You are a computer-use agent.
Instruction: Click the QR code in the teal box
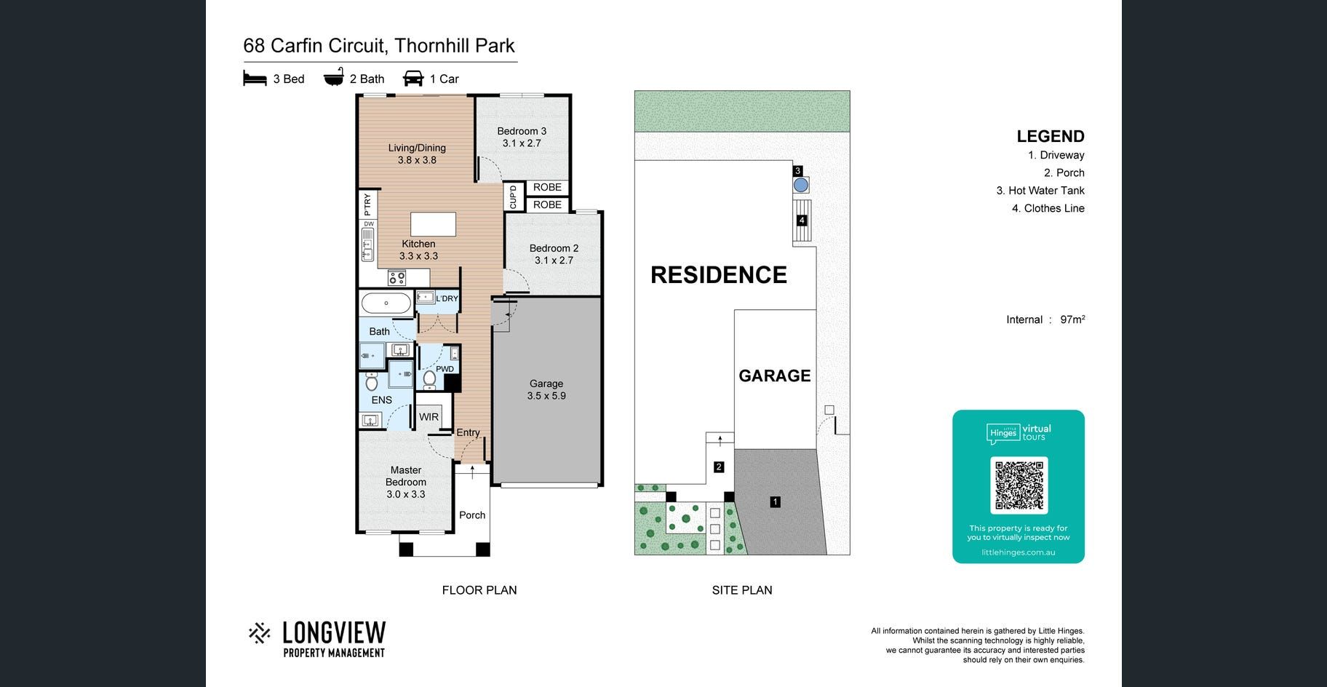(x=1019, y=485)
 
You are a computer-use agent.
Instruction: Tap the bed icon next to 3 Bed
(x=255, y=79)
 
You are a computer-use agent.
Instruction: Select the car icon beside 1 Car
(x=413, y=79)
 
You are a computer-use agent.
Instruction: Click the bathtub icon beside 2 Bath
(x=334, y=78)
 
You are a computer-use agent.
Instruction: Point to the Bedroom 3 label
(x=522, y=131)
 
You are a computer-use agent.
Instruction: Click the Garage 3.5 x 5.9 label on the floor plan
(x=546, y=389)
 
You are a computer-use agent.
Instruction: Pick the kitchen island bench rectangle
(x=434, y=224)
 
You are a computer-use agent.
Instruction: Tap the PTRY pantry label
(x=367, y=203)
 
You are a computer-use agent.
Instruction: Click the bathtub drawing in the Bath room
(x=386, y=303)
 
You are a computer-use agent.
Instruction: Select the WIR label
(x=429, y=417)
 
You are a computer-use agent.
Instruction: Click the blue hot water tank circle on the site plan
(x=801, y=185)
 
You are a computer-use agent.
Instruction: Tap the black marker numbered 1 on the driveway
(x=776, y=501)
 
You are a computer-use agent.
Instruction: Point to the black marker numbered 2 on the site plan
(x=719, y=467)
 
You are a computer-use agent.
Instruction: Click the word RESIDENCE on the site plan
(x=719, y=275)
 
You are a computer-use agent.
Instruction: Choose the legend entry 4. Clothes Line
(x=1048, y=208)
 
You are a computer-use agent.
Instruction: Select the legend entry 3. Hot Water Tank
(x=1040, y=191)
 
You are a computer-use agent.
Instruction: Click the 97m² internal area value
(x=1072, y=319)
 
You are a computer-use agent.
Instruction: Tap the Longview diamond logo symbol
(x=259, y=633)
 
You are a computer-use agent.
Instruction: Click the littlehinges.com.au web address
(x=1019, y=552)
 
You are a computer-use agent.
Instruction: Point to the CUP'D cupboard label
(x=513, y=197)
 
